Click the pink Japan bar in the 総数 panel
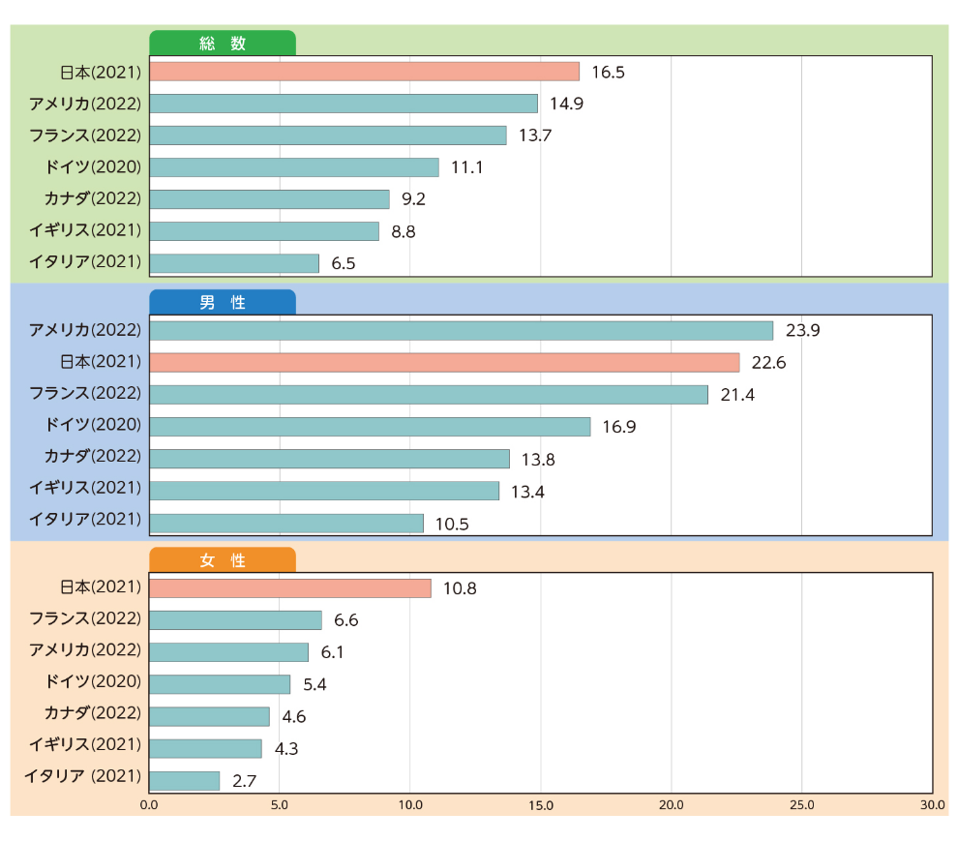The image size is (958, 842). click(x=365, y=72)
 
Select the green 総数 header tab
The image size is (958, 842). click(x=223, y=44)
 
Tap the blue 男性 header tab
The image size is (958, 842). click(x=223, y=302)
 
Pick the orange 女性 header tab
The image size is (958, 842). click(x=223, y=560)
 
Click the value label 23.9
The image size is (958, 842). click(x=803, y=331)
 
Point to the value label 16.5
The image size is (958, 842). click(x=610, y=72)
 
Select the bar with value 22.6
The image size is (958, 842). click(x=445, y=362)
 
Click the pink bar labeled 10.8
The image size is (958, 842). click(x=290, y=588)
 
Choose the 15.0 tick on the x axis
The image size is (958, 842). click(x=541, y=805)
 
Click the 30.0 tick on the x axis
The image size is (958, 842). click(x=933, y=805)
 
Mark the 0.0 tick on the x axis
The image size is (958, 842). click(x=149, y=805)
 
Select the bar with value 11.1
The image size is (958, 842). click(x=294, y=167)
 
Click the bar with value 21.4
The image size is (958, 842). click(x=430, y=395)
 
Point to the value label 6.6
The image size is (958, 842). click(x=346, y=620)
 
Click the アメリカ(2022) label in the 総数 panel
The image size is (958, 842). click(x=85, y=103)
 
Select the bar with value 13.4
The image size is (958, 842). click(x=325, y=491)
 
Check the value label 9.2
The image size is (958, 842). click(x=414, y=199)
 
